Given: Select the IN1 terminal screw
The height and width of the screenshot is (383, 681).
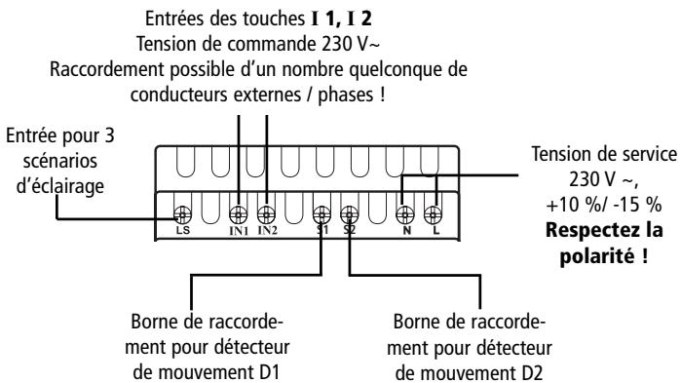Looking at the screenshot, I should point(235,210).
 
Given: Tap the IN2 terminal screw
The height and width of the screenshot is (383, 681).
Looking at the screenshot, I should point(265,210).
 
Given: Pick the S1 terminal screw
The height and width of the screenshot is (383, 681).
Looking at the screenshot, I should point(322,210).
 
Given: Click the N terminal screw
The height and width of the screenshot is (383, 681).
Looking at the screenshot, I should point(405,210).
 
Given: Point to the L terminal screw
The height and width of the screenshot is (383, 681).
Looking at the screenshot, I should point(435,210).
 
